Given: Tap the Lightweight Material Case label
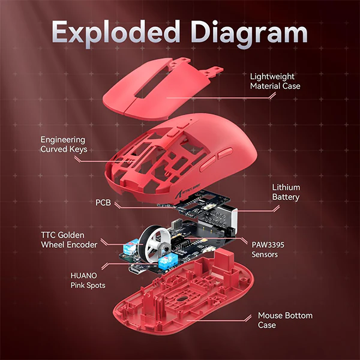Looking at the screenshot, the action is click(x=275, y=81).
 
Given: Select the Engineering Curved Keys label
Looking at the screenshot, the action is click(x=64, y=145).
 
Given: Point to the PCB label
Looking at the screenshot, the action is click(x=103, y=203).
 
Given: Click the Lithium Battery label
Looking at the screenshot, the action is click(x=286, y=192).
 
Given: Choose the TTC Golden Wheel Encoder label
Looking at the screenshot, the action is click(x=69, y=240).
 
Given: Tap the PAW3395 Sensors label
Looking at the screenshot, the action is click(x=268, y=250).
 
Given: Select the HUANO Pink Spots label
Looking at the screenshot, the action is click(x=88, y=280).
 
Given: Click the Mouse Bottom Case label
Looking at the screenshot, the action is click(x=285, y=320).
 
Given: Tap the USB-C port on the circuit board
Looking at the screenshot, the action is click(x=137, y=270).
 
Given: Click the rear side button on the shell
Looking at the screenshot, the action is click(x=225, y=153).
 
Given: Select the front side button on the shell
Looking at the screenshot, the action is click(x=208, y=163).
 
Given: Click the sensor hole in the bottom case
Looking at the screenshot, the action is click(x=181, y=299).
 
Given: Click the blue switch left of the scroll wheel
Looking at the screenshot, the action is click(x=131, y=247).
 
